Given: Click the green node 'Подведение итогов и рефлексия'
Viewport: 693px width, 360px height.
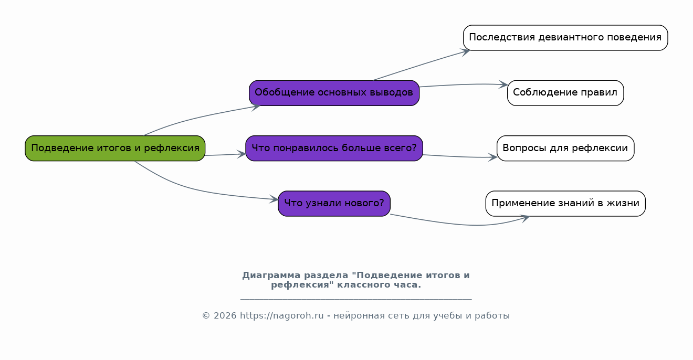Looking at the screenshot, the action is pos(115,148).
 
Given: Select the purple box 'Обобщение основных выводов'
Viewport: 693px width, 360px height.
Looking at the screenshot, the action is pos(334,93).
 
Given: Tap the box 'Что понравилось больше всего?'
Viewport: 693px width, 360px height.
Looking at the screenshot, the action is pos(334,148).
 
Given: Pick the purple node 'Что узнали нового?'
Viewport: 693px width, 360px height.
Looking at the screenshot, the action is pos(334,204).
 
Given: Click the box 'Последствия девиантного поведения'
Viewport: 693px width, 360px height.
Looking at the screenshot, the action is pos(565,38).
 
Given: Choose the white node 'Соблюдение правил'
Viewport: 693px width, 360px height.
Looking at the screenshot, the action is pos(565,93).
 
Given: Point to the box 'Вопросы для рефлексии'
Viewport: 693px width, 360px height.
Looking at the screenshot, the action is pos(565,148).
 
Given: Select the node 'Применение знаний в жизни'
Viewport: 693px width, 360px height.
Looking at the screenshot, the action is pos(565,204).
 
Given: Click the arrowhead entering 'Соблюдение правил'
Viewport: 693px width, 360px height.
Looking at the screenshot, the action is pos(503,84).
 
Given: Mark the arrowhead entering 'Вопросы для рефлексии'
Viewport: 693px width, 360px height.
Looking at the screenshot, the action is pos(493,157).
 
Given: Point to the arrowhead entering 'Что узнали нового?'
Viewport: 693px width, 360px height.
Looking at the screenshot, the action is pos(274,199).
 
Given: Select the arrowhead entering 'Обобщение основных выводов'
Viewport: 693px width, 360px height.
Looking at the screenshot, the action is pos(256,107).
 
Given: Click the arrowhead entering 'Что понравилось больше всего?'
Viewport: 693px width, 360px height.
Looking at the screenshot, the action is pos(241,154).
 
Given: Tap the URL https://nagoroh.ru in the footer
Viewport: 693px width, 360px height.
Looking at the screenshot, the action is pos(282,316).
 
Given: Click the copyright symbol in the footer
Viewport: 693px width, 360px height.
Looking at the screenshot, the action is pos(206,316).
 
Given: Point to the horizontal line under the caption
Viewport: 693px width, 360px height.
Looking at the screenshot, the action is pos(356,299).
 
